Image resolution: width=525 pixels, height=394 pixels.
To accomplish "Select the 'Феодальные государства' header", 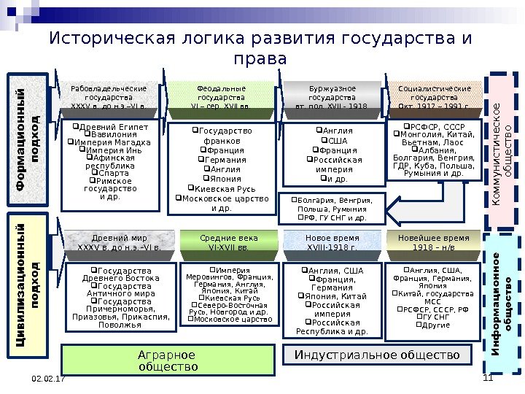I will coord(222,96).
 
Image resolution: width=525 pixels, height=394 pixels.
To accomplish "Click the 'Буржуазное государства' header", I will coord(332,96).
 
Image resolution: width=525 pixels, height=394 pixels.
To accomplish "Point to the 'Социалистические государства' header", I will coord(434,96).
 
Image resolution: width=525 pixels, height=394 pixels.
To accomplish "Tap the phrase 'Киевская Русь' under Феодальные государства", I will coord(225,188).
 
